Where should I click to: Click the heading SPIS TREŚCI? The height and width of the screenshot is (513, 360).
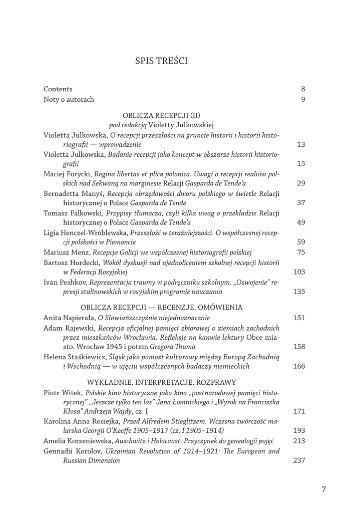[x=161, y=62]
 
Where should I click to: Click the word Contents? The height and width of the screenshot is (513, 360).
[x=58, y=89]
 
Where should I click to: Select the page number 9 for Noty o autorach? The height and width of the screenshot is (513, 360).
[x=303, y=99]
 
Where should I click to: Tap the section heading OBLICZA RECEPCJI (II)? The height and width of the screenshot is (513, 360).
[x=161, y=115]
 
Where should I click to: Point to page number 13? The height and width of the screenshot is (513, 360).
[x=301, y=144]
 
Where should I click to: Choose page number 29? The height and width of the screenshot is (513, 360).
[x=301, y=183]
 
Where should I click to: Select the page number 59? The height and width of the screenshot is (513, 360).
[x=301, y=241]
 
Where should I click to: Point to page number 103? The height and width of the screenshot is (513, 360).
[x=299, y=272]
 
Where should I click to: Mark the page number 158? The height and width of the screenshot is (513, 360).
[x=299, y=346]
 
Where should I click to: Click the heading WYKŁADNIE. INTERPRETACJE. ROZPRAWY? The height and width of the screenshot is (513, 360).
[x=161, y=382]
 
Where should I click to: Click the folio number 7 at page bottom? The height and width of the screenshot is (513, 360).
[x=323, y=489]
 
